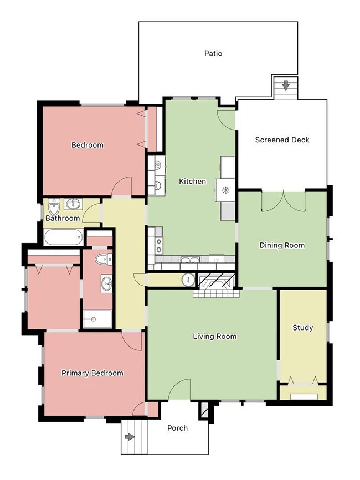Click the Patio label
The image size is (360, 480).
[x=213, y=54]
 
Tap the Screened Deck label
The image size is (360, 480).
[x=282, y=140]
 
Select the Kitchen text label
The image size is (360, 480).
[x=192, y=181]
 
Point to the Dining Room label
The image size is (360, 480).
[x=282, y=245]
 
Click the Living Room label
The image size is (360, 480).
[x=214, y=336]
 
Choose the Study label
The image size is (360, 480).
[x=302, y=328]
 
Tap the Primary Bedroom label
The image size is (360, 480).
[x=92, y=373]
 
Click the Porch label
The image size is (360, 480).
[x=177, y=428]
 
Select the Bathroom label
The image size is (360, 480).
[x=63, y=218]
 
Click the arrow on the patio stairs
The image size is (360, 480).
[x=286, y=85]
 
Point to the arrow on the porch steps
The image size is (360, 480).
[x=130, y=437]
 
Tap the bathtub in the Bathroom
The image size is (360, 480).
[x=63, y=238]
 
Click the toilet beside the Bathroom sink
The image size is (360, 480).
[x=54, y=207]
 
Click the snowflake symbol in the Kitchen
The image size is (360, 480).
[x=225, y=190]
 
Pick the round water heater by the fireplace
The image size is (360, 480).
[x=188, y=280]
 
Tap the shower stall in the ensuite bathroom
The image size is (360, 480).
[x=97, y=319]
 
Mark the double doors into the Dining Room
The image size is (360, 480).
[x=284, y=201]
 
